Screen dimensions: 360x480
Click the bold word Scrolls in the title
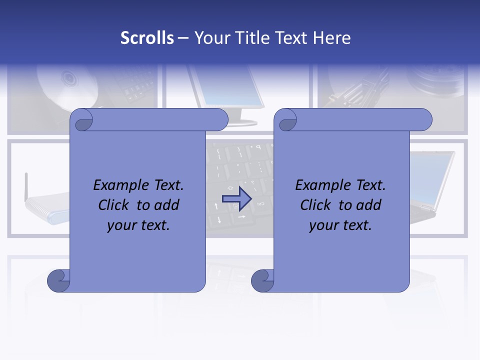[x=147, y=38]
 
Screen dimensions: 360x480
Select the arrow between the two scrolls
[x=236, y=199]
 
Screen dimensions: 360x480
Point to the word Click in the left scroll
[x=115, y=205]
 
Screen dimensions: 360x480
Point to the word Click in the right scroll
[x=317, y=205]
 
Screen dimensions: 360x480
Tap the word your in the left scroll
[x=122, y=225]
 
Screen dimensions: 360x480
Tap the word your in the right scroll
[x=324, y=225]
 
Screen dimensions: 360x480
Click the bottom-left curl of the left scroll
[x=58, y=280]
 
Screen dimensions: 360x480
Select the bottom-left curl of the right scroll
[x=262, y=280]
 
